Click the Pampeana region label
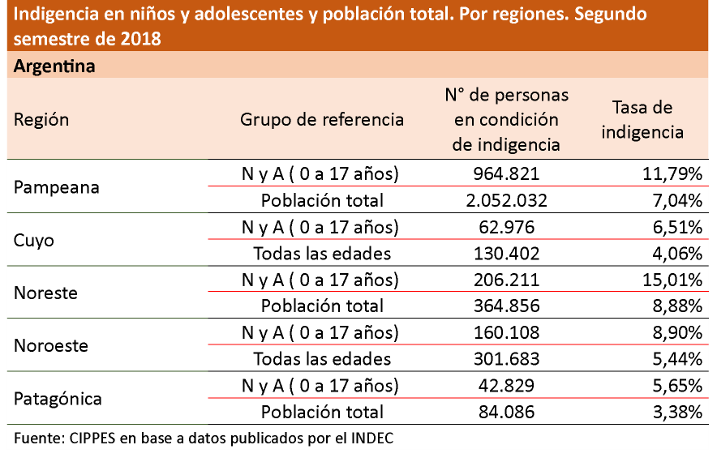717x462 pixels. [57, 187]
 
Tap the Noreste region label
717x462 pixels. [45, 293]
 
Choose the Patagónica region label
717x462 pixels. [58, 399]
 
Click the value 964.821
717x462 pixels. [507, 173]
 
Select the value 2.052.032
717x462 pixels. [507, 200]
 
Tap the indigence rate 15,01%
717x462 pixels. [671, 280]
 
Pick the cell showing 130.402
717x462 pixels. [507, 253]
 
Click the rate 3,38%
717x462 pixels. [675, 412]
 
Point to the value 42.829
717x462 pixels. [507, 385]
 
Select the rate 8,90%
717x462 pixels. [675, 332]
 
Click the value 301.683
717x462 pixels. [507, 358]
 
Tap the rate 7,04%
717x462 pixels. [675, 200]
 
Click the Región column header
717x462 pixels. [41, 120]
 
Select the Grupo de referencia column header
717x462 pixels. [322, 120]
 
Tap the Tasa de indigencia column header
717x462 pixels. [642, 120]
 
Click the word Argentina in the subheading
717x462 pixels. [54, 66]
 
